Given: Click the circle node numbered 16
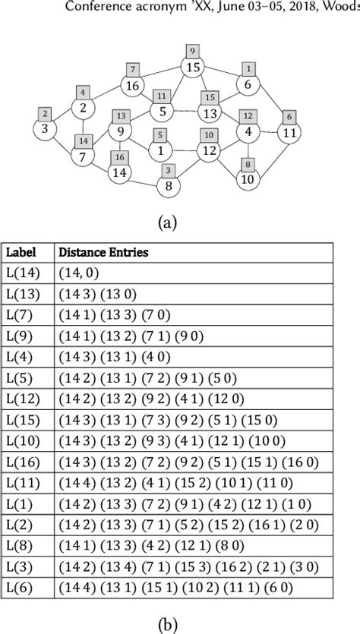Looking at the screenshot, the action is (x=132, y=86).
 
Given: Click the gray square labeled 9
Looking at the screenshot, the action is (x=193, y=52).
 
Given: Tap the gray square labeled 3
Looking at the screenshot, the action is (x=169, y=171).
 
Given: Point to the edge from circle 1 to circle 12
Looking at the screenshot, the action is (x=185, y=152).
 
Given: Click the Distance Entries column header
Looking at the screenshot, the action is (x=103, y=253).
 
